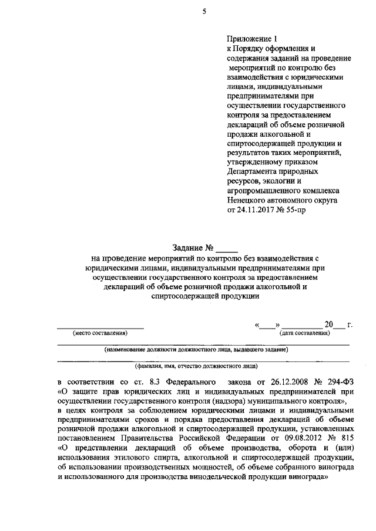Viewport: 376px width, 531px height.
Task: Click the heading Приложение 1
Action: [252, 38]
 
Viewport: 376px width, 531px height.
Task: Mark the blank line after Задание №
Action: [228, 249]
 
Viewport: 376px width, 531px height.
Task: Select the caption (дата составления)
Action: [304, 333]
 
